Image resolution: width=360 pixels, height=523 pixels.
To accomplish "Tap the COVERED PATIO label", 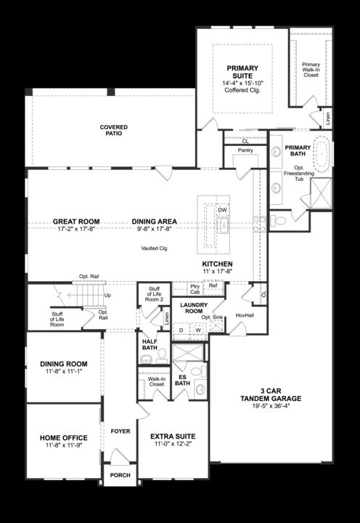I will (113, 130).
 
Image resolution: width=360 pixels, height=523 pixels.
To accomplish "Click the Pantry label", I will (245, 150).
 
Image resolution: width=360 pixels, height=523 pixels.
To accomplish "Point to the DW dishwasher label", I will (222, 210).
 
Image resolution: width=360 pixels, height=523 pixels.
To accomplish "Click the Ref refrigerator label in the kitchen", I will (212, 285).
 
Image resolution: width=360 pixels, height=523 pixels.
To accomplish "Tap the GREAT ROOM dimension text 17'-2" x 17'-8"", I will (75, 229).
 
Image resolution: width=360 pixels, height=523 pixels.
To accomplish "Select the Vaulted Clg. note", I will (155, 248).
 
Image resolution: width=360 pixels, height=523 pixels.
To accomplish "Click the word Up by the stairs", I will (107, 296).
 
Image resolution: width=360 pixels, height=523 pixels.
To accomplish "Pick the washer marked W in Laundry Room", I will (197, 330).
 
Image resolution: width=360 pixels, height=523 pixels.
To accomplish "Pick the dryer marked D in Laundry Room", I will (181, 330).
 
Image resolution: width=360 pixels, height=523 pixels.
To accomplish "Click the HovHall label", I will (245, 315).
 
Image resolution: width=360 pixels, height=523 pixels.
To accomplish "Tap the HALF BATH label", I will (150, 345).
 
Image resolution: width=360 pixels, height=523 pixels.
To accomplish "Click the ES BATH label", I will (182, 381).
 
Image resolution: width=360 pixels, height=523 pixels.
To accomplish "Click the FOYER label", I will (120, 431).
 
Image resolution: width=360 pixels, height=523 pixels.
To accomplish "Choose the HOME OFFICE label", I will (64, 437).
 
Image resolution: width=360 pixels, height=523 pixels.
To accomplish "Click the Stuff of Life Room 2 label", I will (154, 293).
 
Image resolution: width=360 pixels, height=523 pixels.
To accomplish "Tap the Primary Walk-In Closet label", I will (311, 69).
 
